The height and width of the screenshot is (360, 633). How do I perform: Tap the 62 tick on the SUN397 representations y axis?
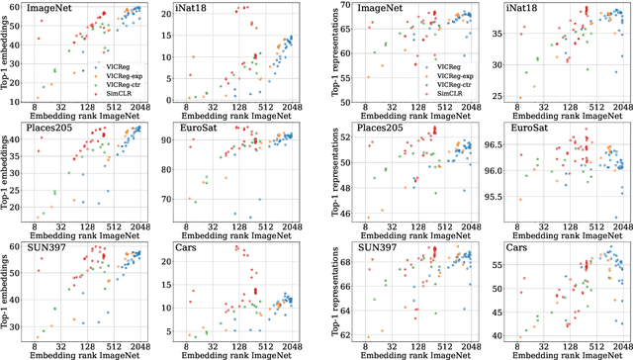pyautogui.click(x=341, y=336)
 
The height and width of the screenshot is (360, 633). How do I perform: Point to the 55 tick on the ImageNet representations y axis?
pyautogui.click(x=341, y=76)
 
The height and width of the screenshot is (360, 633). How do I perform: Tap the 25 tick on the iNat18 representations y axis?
pyautogui.click(x=494, y=96)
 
